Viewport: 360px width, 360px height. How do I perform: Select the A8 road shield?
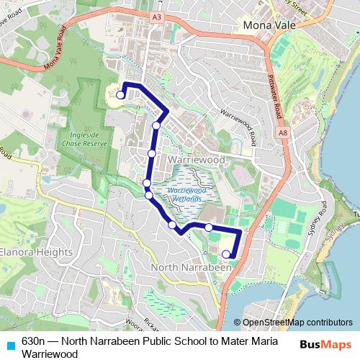coord(284,132)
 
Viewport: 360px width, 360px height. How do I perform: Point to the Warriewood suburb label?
coord(196,158)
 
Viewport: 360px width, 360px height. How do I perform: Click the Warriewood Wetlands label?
coord(186,192)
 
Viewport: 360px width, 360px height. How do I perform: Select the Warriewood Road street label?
coord(238,125)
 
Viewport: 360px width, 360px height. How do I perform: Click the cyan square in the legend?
coord(9,343)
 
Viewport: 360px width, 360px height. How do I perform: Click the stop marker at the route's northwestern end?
coord(120,94)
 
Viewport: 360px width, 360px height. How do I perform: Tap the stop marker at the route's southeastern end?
coord(226,253)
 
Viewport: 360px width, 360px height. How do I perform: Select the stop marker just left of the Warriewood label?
coord(152,153)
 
